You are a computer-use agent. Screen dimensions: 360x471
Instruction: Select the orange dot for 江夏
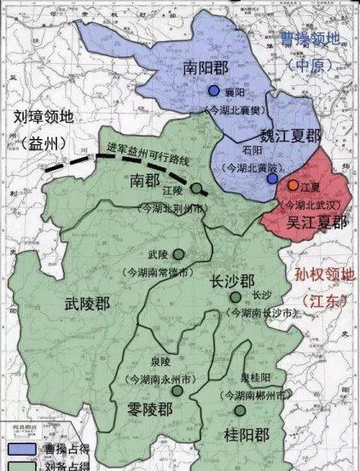(x=293, y=185)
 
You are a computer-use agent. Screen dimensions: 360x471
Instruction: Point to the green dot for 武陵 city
(x=178, y=253)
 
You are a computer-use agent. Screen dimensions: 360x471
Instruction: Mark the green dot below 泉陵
(x=177, y=390)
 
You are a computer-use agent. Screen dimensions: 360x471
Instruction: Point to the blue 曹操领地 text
(x=316, y=39)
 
